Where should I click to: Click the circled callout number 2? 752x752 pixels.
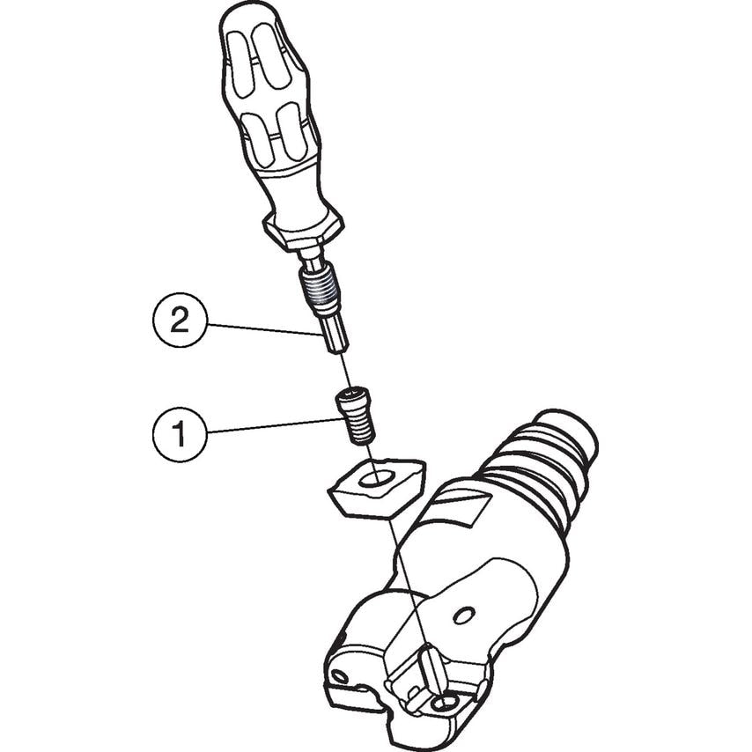tap(180, 320)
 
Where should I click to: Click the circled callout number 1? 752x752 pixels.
tap(180, 434)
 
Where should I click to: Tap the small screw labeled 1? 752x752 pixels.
tap(357, 416)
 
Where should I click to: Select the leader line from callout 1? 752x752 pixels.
tap(276, 426)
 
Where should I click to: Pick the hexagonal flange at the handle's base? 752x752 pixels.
tap(303, 232)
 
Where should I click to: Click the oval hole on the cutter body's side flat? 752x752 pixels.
tap(464, 616)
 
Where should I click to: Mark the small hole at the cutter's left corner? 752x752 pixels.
tap(340, 676)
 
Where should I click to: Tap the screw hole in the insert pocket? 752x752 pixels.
tap(444, 704)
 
